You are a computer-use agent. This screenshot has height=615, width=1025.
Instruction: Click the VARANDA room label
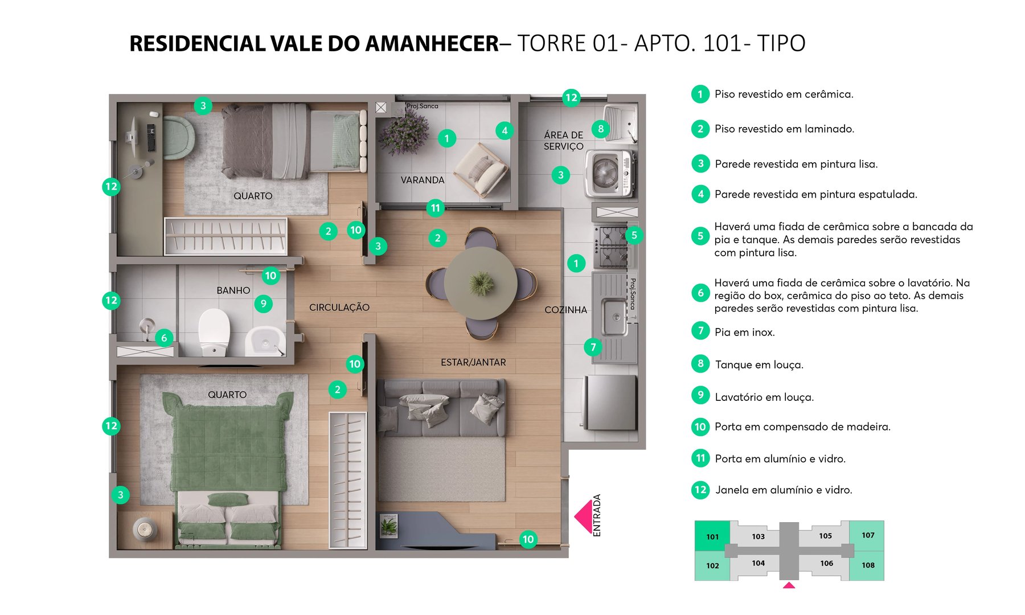point(422,180)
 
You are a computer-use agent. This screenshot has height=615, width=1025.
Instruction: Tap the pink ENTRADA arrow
point(584,516)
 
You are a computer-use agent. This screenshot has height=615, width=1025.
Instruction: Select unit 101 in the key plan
point(712,536)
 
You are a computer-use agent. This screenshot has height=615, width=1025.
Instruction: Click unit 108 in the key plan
point(867,565)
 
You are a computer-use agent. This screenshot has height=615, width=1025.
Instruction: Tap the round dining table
point(481,283)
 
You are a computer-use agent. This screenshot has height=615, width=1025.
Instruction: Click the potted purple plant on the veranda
point(404,132)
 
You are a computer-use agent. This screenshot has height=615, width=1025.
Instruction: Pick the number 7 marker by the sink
point(593,347)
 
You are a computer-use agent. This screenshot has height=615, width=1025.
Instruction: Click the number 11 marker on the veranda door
point(435,208)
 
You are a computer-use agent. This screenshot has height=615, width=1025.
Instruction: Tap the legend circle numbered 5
point(700,236)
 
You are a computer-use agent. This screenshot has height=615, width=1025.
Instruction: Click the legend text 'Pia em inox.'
point(744,332)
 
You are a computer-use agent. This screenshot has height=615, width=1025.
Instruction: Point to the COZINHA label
point(565,310)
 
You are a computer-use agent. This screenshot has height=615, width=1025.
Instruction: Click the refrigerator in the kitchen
point(609,402)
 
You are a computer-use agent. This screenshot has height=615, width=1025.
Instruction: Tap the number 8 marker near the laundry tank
point(600,129)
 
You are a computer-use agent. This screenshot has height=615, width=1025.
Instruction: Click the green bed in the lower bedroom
point(228,450)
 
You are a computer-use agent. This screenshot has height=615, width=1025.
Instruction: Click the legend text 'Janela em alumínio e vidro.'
point(784,490)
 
